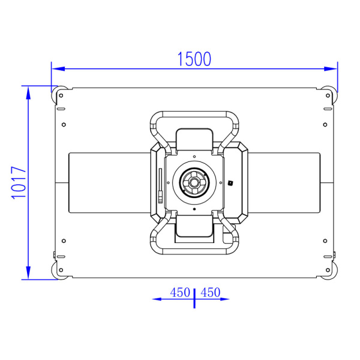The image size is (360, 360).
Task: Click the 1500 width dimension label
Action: click(194, 59)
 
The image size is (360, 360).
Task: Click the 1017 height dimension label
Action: click(19, 182)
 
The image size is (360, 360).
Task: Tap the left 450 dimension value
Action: click(180, 293)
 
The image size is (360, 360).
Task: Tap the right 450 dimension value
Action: click(211, 293)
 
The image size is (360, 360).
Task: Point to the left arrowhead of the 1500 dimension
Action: click(58, 68)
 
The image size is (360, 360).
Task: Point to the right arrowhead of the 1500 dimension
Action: click(331, 68)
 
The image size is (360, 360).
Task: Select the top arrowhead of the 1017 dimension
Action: click(28, 93)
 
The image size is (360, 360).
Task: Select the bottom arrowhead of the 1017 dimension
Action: click(28, 272)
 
